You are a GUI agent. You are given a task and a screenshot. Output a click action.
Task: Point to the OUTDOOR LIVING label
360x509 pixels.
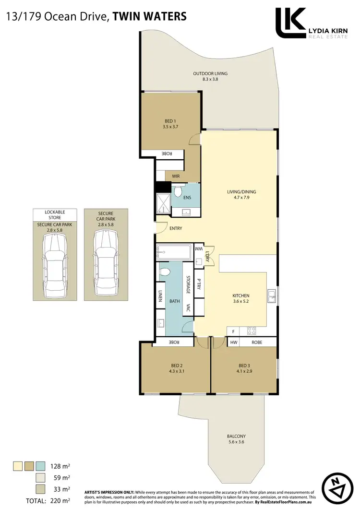click(210, 76)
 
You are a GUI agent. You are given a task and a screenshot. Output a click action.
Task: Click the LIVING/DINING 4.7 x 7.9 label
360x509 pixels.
click(241, 195)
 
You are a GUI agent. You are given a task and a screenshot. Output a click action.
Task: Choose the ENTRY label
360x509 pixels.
click(176, 228)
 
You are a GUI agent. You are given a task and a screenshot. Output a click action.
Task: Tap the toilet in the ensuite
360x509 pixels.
click(177, 192)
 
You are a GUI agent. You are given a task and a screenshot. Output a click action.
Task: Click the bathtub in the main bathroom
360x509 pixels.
click(174, 251)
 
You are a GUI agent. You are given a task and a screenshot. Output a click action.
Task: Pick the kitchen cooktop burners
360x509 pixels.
click(252, 331)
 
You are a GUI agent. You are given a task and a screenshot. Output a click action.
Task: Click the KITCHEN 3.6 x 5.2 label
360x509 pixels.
click(240, 298)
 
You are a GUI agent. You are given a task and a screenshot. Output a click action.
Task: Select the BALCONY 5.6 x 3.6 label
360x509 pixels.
click(237, 439)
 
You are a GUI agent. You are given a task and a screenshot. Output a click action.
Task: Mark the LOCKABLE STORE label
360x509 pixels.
click(55, 214)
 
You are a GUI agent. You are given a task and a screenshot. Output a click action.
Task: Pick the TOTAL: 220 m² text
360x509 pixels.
click(47, 501)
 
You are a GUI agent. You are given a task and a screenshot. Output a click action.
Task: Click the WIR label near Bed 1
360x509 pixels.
click(176, 176)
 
